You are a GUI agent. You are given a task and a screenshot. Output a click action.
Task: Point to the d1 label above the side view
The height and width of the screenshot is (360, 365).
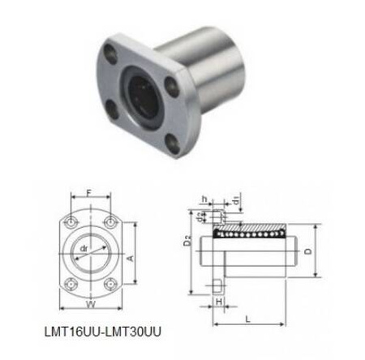(234, 199)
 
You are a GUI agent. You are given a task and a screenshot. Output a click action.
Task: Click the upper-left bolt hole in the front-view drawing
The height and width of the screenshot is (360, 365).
(71, 223)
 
